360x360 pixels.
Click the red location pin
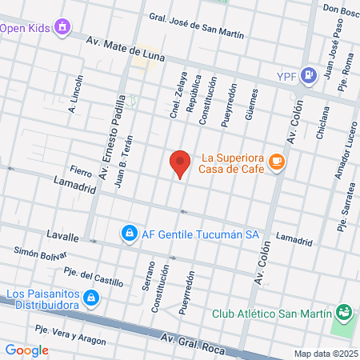[181, 163]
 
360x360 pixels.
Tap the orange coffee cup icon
[277, 162]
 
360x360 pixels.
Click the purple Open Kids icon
[62, 29]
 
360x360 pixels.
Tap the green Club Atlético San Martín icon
[344, 312]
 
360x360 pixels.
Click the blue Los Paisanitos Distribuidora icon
[92, 298]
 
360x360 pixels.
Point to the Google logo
[27, 350]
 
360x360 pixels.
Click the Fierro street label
[81, 170]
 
